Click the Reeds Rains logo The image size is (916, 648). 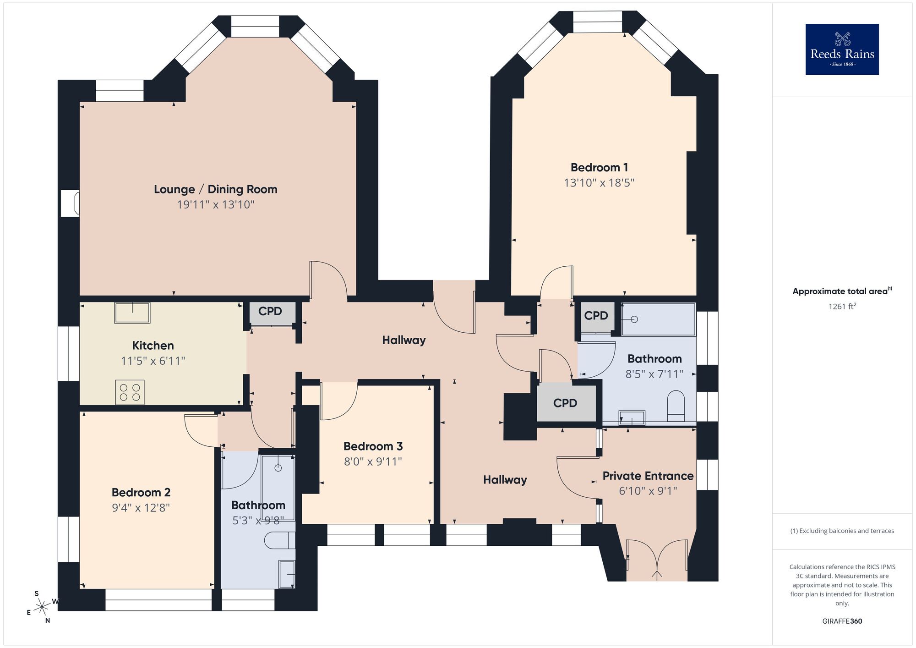pyautogui.click(x=842, y=49)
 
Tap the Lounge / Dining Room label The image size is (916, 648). pyautogui.click(x=215, y=189)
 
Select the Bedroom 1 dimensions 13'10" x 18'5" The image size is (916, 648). pyautogui.click(x=599, y=183)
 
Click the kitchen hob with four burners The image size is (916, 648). pyautogui.click(x=130, y=392)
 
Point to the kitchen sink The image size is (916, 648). pyautogui.click(x=132, y=313)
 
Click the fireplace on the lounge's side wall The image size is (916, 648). pyautogui.click(x=71, y=203)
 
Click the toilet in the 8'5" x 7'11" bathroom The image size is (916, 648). pyautogui.click(x=676, y=405)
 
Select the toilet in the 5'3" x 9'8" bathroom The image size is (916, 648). pyautogui.click(x=279, y=541)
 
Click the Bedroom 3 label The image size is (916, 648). pyautogui.click(x=373, y=446)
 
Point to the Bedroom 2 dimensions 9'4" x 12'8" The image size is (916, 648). pyautogui.click(x=141, y=508)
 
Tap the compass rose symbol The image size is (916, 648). pyautogui.click(x=42, y=607)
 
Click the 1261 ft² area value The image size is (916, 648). pyautogui.click(x=842, y=307)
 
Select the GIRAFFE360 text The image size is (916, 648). pyautogui.click(x=842, y=621)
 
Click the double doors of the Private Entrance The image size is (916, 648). pyautogui.click(x=657, y=561)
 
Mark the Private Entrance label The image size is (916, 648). pyautogui.click(x=648, y=476)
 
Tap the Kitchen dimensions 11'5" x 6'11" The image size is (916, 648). pyautogui.click(x=153, y=361)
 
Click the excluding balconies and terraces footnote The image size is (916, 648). pyautogui.click(x=842, y=531)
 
